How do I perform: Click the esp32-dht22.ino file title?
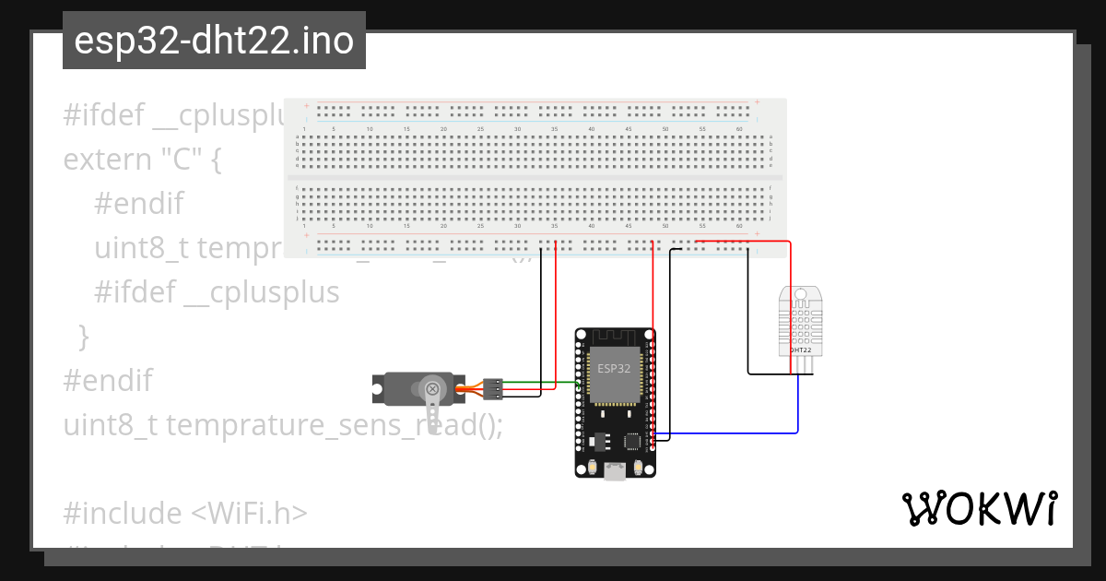pyautogui.click(x=214, y=41)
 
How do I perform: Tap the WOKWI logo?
pyautogui.click(x=979, y=508)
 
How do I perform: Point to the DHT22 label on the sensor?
pyautogui.click(x=800, y=350)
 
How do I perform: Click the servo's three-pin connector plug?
pyautogui.click(x=493, y=388)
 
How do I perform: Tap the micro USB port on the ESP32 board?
pyautogui.click(x=615, y=472)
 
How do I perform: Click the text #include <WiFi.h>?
pyautogui.click(x=184, y=513)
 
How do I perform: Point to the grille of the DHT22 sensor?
pyautogui.click(x=800, y=322)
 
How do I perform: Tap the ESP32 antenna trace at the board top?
pyautogui.click(x=615, y=336)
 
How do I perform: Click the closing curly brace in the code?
pyautogui.click(x=84, y=336)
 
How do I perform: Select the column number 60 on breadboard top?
pyautogui.click(x=739, y=128)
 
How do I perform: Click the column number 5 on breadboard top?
pyautogui.click(x=333, y=128)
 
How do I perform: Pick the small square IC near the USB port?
pyautogui.click(x=633, y=442)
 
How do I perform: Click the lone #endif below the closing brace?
pyautogui.click(x=107, y=380)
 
